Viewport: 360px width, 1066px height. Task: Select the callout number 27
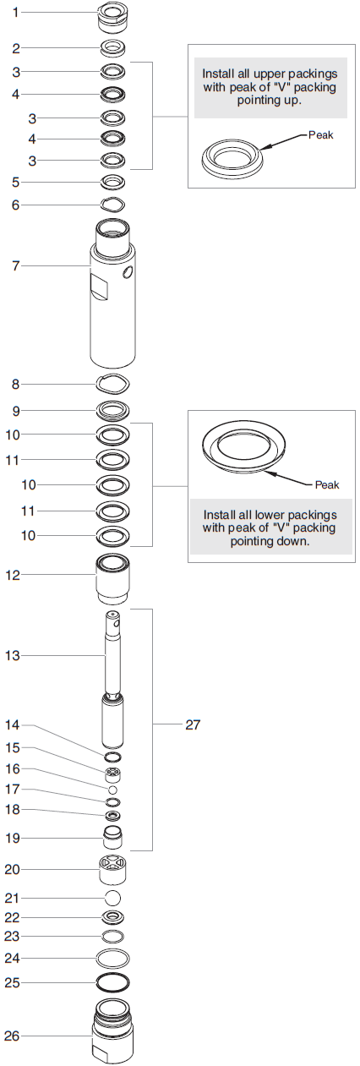(193, 724)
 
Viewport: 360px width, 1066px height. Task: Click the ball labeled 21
(112, 897)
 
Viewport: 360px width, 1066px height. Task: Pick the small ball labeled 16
(112, 789)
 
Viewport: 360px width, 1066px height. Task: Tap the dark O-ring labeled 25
(112, 983)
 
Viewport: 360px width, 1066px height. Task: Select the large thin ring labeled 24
(112, 958)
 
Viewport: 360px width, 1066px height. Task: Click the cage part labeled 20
(112, 868)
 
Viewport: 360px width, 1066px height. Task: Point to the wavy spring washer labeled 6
(112, 204)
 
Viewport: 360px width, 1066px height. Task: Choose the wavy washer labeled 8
(112, 384)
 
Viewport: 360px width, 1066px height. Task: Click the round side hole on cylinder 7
(128, 272)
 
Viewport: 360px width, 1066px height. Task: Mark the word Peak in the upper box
(321, 134)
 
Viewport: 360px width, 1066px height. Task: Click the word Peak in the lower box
(326, 484)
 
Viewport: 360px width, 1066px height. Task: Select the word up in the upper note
(288, 100)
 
